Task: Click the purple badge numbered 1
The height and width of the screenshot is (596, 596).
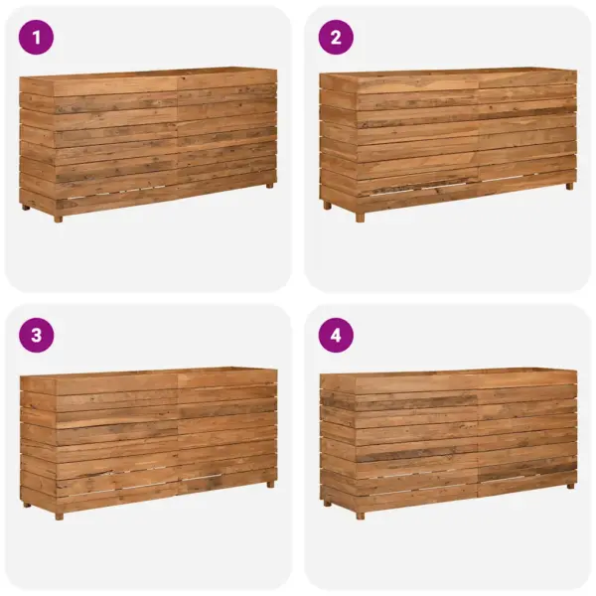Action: click(x=38, y=38)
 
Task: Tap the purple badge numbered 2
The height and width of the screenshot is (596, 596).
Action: click(x=336, y=38)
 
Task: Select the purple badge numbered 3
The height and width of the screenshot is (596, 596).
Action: click(x=38, y=336)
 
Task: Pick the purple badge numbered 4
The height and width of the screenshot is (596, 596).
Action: click(x=336, y=336)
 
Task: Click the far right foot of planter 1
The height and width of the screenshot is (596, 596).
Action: click(x=270, y=185)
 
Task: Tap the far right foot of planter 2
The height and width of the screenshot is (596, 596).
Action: click(x=569, y=186)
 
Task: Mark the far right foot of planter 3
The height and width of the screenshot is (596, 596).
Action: click(x=269, y=484)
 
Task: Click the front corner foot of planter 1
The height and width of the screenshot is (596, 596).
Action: click(x=58, y=218)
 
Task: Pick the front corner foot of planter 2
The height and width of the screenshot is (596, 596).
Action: click(x=360, y=217)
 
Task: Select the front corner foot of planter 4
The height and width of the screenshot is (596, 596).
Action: click(x=360, y=515)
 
